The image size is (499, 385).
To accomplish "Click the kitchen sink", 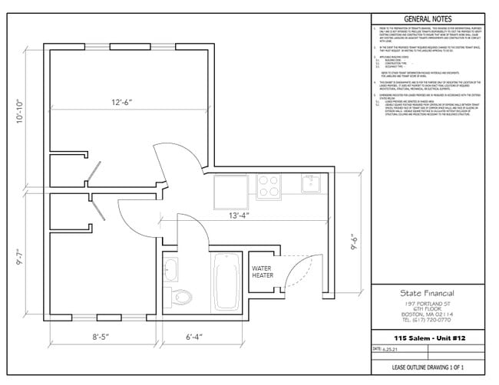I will click(311, 183).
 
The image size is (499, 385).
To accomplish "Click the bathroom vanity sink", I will click(171, 268).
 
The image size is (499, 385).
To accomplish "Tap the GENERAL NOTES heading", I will click(428, 19).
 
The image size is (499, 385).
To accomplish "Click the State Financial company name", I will click(428, 293).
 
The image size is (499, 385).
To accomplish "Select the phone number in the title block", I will click(428, 320).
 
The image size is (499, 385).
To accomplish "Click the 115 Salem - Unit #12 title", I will click(428, 338).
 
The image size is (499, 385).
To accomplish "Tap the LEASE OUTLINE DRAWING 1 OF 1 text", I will click(428, 368).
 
